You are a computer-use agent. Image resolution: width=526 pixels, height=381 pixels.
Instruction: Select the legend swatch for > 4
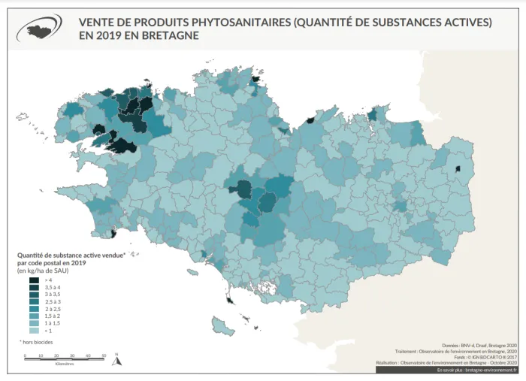(x=35, y=279)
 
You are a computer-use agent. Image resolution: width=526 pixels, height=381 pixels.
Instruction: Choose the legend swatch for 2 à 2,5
(x=35, y=308)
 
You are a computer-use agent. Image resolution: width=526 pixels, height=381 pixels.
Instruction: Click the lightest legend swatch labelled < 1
(x=35, y=330)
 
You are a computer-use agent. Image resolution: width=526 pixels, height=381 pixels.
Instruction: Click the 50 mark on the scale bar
(x=104, y=354)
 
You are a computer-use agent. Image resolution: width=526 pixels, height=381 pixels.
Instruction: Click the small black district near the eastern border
(x=458, y=170)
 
